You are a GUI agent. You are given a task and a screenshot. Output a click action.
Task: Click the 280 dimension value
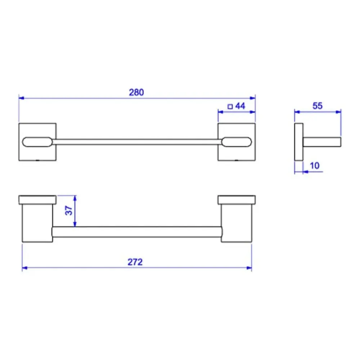point(136,92)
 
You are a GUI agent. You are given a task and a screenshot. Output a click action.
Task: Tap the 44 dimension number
point(240,106)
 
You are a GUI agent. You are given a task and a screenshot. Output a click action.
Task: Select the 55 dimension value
point(318,106)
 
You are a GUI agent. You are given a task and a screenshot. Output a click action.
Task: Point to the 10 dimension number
point(315,166)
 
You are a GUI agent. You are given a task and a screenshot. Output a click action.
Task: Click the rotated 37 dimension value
point(69,211)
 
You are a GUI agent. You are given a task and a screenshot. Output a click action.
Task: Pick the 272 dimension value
point(135,262)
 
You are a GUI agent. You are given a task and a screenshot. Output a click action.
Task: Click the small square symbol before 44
point(230,107)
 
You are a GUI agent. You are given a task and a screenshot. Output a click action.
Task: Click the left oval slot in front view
point(37,142)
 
